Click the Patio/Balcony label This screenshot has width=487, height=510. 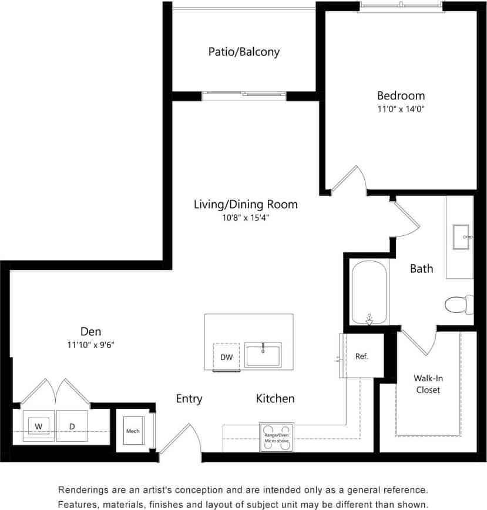tap(244, 52)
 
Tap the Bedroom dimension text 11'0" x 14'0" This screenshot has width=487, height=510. tap(401, 109)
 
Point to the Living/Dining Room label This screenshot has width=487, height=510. tap(246, 205)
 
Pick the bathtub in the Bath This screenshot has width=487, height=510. tap(369, 292)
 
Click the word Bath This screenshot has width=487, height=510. tap(421, 269)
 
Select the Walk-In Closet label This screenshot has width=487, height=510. tap(428, 384)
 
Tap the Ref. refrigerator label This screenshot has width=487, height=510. tap(362, 356)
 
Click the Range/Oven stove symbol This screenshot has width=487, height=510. tap(276, 437)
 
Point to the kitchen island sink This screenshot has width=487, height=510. tap(263, 355)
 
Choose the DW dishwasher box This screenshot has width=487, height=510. tap(226, 357)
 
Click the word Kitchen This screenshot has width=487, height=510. tap(275, 399)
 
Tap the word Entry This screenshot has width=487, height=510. tap(189, 399)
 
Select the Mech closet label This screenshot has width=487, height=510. tap(133, 431)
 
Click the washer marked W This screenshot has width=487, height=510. tap(39, 425)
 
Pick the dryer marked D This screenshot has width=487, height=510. tap(72, 425)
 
